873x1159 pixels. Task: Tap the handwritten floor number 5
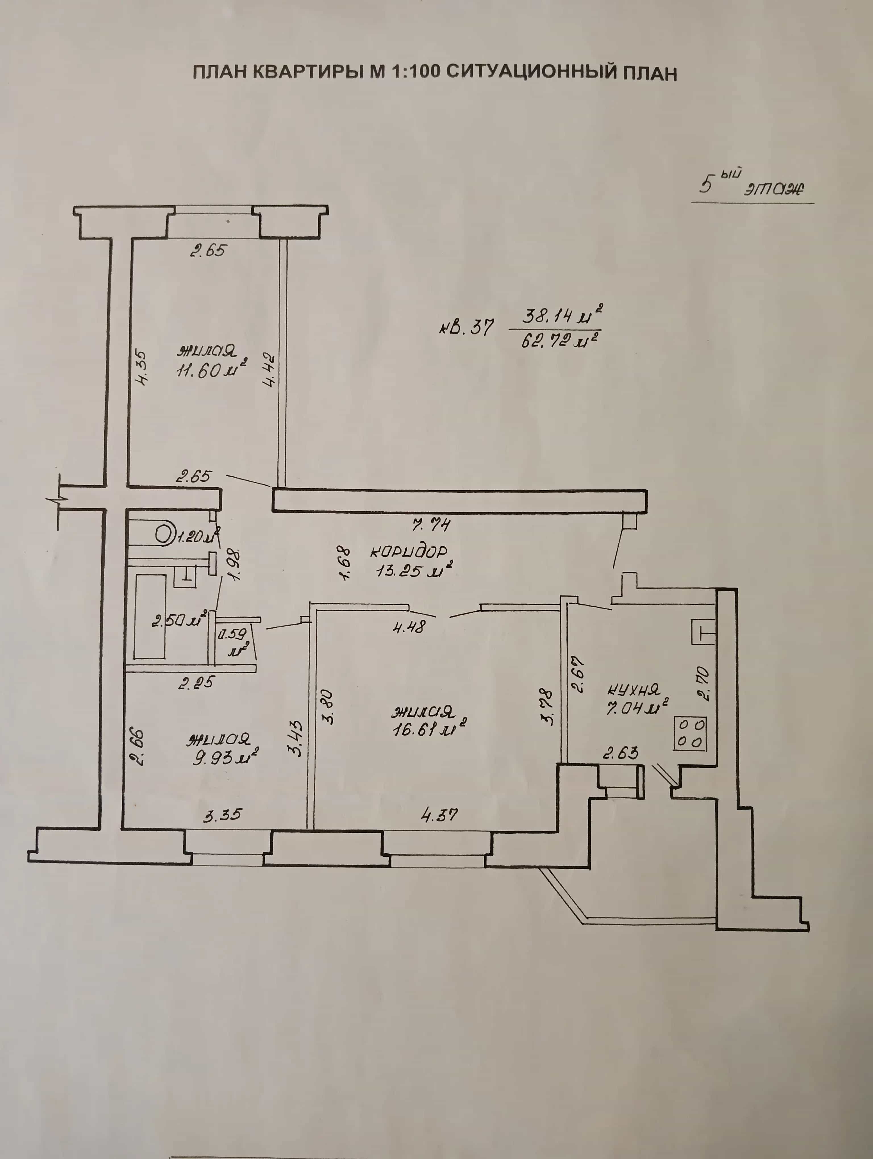[x=707, y=185]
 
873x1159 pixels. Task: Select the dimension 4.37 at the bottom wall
[x=439, y=815]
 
